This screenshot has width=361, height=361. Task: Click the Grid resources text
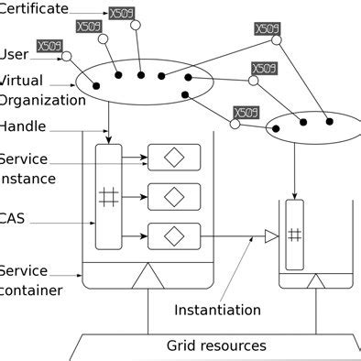[x=216, y=345]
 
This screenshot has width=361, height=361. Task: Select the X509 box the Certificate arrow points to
[x=121, y=14]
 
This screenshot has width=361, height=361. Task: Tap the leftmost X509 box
[x=49, y=46]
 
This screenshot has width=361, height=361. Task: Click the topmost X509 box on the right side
[x=267, y=29]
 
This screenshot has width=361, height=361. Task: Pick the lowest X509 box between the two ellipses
[x=246, y=113]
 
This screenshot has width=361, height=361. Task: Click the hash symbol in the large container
[x=108, y=195]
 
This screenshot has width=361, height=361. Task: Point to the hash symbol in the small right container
[x=295, y=235]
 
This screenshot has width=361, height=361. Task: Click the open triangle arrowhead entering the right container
[x=271, y=236]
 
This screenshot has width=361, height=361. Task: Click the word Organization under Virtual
[x=35, y=100]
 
